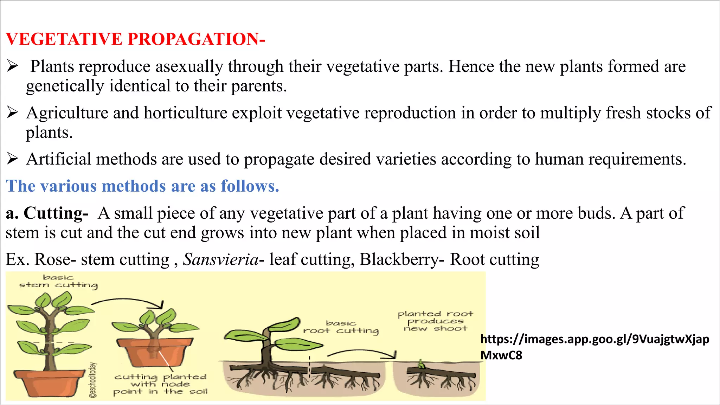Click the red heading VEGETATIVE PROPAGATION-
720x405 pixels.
(x=135, y=39)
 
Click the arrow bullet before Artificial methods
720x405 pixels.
(x=12, y=159)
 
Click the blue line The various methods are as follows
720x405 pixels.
(x=142, y=186)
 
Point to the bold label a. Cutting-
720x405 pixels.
(x=47, y=213)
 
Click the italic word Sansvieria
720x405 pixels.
(x=221, y=260)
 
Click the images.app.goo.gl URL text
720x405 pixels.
(x=594, y=347)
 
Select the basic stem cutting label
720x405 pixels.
(x=58, y=282)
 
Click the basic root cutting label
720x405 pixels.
(x=341, y=327)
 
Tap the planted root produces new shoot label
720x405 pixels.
(x=435, y=321)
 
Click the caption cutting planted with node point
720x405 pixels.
(x=160, y=384)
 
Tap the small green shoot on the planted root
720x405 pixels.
(x=421, y=364)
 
